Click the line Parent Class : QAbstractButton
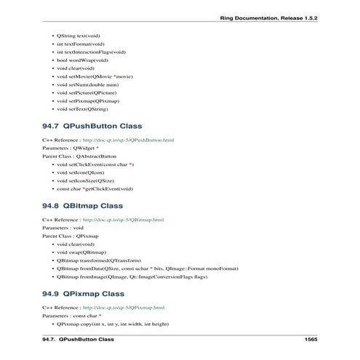(79, 156)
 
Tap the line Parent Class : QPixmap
(70, 236)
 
